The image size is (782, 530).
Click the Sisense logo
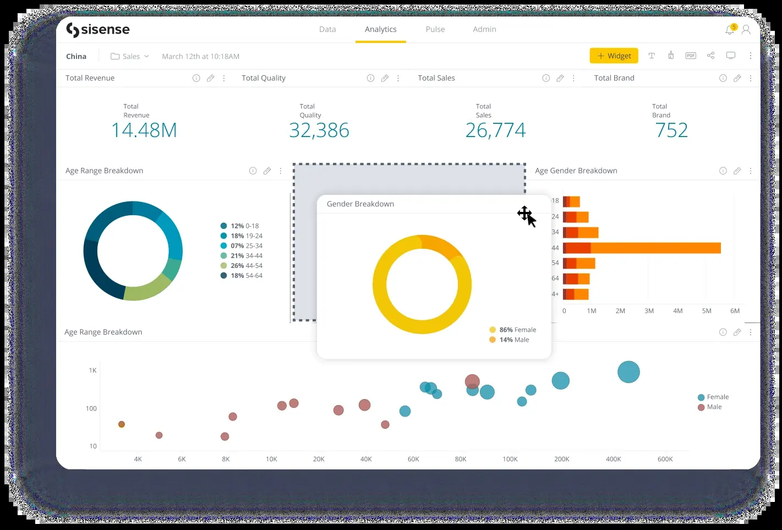(x=98, y=30)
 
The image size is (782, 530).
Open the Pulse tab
(x=435, y=29)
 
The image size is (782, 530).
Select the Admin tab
(x=484, y=29)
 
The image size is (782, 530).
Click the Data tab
(x=327, y=29)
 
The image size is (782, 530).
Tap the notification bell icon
(x=730, y=30)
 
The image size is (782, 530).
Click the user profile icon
(x=746, y=30)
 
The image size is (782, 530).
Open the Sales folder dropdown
(x=130, y=56)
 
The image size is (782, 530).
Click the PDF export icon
(x=691, y=56)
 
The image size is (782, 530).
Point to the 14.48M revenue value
(x=144, y=130)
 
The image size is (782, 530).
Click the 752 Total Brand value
(x=671, y=130)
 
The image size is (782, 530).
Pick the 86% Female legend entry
(x=512, y=330)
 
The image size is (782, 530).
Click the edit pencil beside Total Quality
(x=385, y=78)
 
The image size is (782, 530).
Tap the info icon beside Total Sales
(x=546, y=78)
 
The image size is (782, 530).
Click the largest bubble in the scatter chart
(x=628, y=372)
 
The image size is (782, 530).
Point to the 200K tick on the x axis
(x=562, y=459)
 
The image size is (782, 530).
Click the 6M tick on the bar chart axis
(x=735, y=311)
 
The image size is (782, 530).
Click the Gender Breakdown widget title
(x=360, y=204)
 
